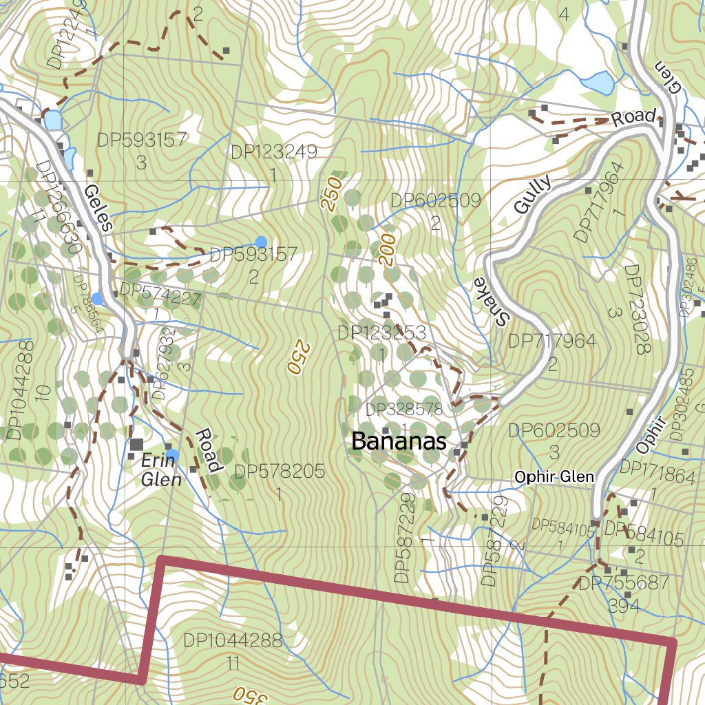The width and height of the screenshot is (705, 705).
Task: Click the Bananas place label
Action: pyautogui.click(x=399, y=441)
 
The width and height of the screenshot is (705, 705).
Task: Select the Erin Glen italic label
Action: pyautogui.click(x=161, y=470)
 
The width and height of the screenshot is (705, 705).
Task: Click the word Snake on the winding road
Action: pyautogui.click(x=494, y=301)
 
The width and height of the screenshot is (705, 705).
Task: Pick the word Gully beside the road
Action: pyautogui.click(x=533, y=196)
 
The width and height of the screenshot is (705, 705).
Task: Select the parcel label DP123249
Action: pyautogui.click(x=274, y=151)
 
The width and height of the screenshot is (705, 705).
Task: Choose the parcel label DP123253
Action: pyautogui.click(x=381, y=333)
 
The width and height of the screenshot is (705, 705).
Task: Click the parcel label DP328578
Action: pyautogui.click(x=404, y=410)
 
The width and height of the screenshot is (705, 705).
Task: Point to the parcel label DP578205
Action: pyautogui.click(x=279, y=472)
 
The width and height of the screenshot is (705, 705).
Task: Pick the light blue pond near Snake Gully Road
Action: pyautogui.click(x=597, y=83)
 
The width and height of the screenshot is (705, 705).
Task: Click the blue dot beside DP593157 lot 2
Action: pyautogui.click(x=261, y=241)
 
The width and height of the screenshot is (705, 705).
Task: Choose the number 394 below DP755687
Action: pyautogui.click(x=624, y=606)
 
